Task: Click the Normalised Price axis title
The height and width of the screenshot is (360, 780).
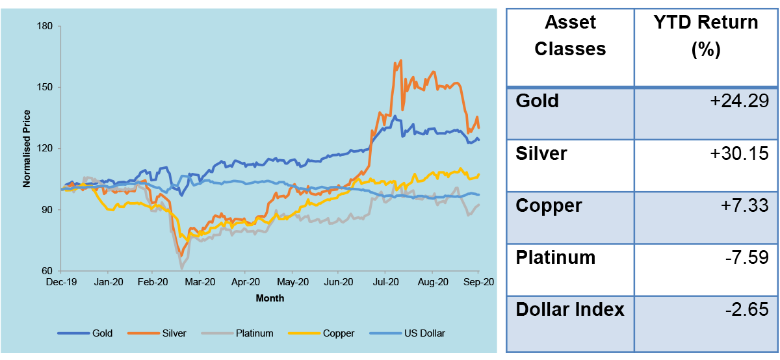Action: click(x=27, y=148)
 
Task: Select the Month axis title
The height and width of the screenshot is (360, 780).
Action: click(x=270, y=298)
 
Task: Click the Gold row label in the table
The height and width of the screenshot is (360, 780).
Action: click(x=537, y=101)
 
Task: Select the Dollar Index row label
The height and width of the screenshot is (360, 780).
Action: click(x=570, y=310)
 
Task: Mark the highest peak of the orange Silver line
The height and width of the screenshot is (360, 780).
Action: click(x=400, y=60)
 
